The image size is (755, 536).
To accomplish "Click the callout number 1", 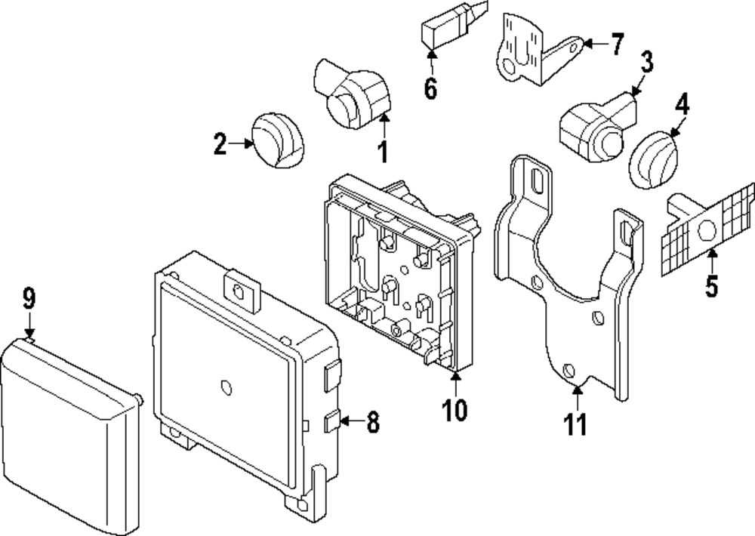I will tap(384, 151).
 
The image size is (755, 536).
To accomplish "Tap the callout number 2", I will tap(220, 144).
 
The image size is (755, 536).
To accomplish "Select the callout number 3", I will tap(646, 63).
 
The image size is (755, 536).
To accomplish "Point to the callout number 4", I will tap(682, 104).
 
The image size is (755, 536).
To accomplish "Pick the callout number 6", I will tap(430, 88).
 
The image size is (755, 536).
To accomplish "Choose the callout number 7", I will tap(618, 45).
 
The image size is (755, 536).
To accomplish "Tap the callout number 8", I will tap(373, 422).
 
